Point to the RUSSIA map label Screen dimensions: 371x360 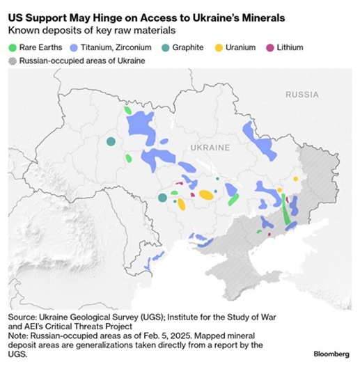click(302, 93)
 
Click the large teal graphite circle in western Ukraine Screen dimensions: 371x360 click(111, 142)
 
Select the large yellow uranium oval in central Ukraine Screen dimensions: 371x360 click(206, 195)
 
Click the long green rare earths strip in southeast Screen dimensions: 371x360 click(286, 212)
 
